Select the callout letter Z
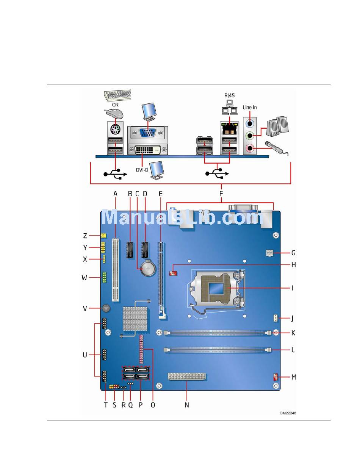[x=85, y=236]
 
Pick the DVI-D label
[x=142, y=170]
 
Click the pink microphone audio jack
[x=249, y=148]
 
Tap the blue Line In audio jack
[x=249, y=123]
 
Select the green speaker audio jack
[x=249, y=135]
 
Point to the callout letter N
[x=186, y=405]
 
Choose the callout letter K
[x=293, y=333]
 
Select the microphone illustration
[x=276, y=147]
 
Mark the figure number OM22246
[x=288, y=413]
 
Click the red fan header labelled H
[x=174, y=272]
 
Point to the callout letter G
[x=293, y=253]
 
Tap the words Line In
[x=250, y=108]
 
